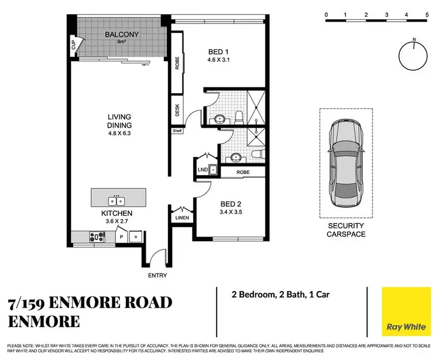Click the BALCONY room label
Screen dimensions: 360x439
122,35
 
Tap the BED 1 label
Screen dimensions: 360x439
220,51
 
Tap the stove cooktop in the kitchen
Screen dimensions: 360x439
95,236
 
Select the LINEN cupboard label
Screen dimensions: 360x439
180,218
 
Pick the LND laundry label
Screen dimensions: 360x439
203,170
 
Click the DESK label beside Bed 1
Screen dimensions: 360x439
177,109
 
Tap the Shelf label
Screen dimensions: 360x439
177,131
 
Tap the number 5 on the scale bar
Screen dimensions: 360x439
426,14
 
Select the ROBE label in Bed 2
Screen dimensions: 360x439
243,173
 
